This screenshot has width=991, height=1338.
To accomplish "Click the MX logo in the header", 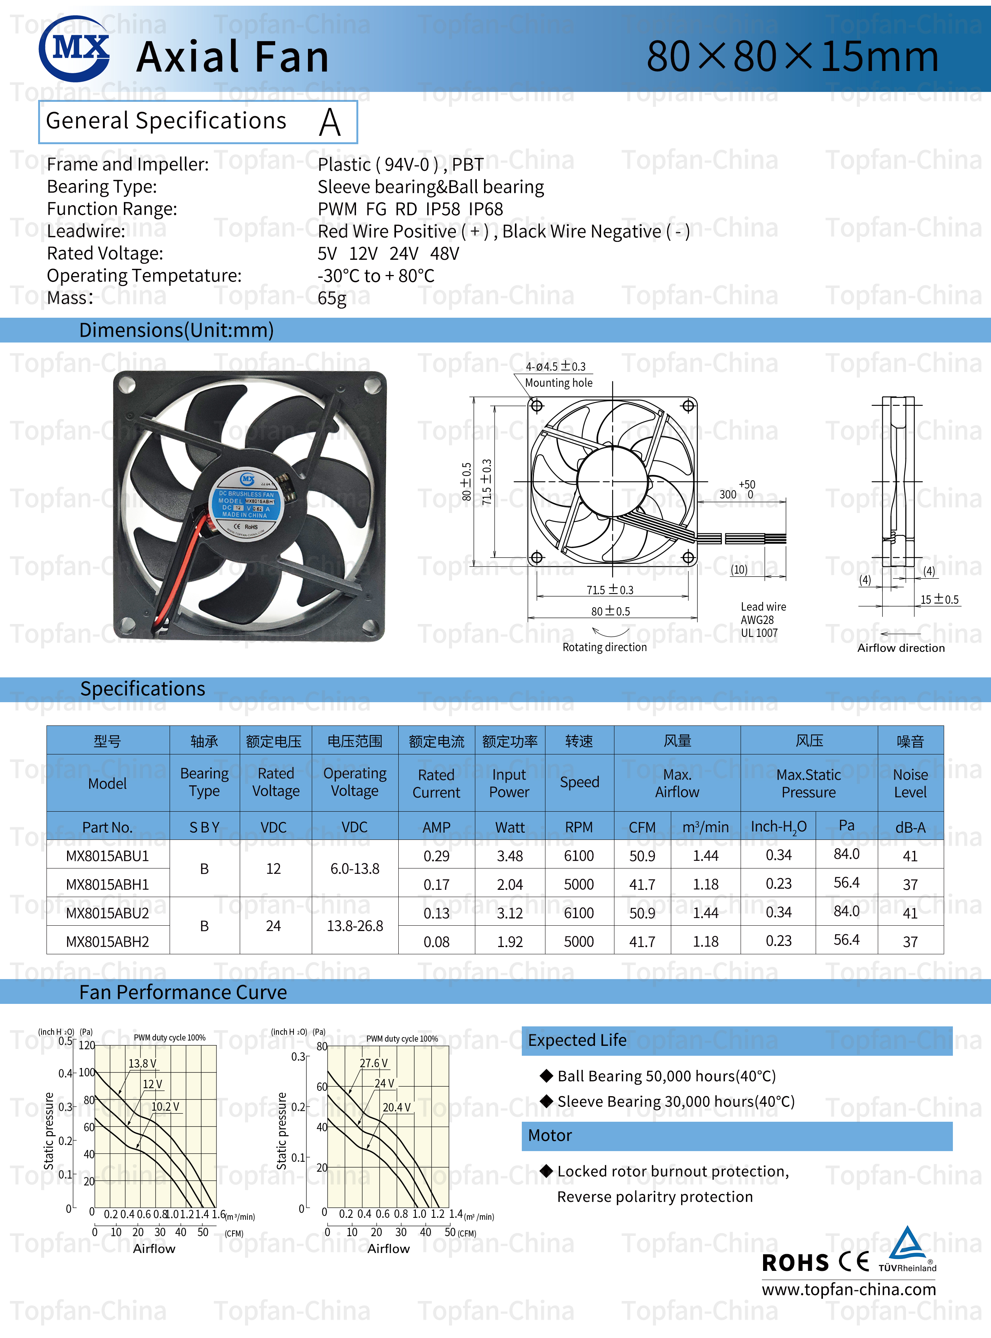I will click(x=74, y=48).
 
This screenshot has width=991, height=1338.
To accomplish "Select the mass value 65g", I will click(x=332, y=298).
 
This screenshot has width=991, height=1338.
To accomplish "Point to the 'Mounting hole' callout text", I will click(x=558, y=383).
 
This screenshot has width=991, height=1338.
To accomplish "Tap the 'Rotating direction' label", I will click(x=604, y=647).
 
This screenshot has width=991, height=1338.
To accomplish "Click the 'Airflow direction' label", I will click(x=900, y=648).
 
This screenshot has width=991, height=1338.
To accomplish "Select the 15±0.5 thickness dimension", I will click(x=940, y=599).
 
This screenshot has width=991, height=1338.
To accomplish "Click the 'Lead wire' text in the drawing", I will click(x=763, y=607).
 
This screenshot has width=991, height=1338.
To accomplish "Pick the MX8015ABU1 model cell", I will click(x=107, y=856).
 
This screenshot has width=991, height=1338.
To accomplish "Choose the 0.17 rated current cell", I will click(x=436, y=884).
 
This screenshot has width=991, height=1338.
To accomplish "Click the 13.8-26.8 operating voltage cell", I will click(x=354, y=926).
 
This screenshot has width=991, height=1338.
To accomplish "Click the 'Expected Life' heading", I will click(x=577, y=1040).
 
